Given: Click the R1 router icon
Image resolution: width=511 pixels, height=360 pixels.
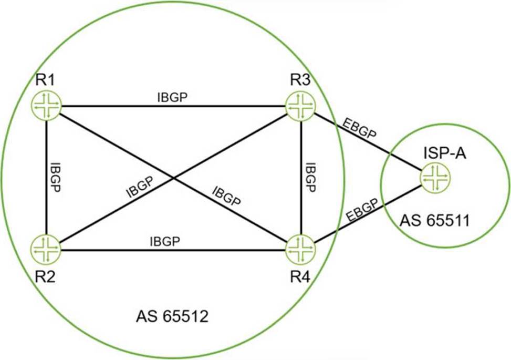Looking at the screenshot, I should point(47,105).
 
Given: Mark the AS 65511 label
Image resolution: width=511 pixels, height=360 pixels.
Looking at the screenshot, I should point(435,220).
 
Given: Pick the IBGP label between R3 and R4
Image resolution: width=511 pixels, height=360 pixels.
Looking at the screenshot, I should point(311,178).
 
